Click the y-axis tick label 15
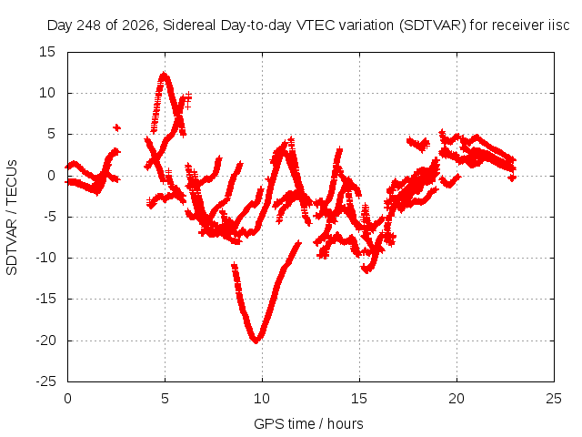pos(47,52)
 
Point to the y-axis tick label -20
pos(46,340)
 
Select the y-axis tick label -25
pos(46,381)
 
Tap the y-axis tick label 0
pos(51,176)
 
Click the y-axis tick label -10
pos(46,258)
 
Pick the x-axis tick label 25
pos(554,399)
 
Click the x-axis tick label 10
pos(262,399)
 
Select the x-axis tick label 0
pos(67,399)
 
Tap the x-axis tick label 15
pos(359,399)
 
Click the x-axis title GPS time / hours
pos(308,423)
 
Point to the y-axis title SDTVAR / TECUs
pos(12,218)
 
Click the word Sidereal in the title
pos(189,25)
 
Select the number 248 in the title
pos(88,25)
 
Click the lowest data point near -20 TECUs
pos(256,340)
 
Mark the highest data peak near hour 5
pos(164,75)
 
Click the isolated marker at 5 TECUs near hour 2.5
pos(117,127)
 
